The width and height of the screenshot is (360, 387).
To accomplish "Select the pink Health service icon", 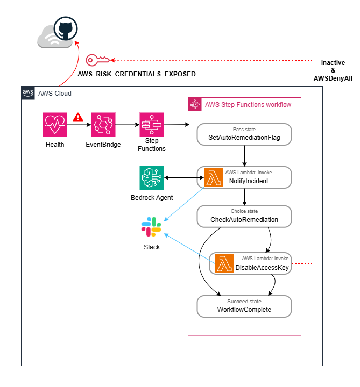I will click(55, 125).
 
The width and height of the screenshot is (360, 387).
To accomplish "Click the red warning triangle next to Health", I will click(78, 117).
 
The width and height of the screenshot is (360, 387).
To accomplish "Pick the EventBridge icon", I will click(103, 125).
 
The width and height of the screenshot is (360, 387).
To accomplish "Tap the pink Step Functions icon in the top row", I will click(152, 125).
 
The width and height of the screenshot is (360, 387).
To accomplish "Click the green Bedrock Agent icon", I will click(152, 177).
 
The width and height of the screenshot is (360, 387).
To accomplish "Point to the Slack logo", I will click(152, 227).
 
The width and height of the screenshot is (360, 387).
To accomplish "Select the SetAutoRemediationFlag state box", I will click(244, 134).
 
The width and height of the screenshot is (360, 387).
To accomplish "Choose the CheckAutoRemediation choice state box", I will click(244, 216).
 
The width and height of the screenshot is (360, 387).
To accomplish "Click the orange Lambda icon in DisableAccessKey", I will click(224, 263).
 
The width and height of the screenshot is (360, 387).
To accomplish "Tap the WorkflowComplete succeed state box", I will click(244, 306).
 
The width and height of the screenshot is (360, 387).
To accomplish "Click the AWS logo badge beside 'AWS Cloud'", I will click(28, 93).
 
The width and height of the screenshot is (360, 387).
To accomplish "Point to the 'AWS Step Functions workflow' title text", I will click(248, 105).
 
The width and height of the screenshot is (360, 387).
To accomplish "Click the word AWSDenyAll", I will click(333, 78).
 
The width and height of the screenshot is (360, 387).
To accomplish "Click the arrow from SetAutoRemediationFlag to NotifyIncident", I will click(244, 156).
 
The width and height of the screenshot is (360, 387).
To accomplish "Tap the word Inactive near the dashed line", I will click(333, 63).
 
